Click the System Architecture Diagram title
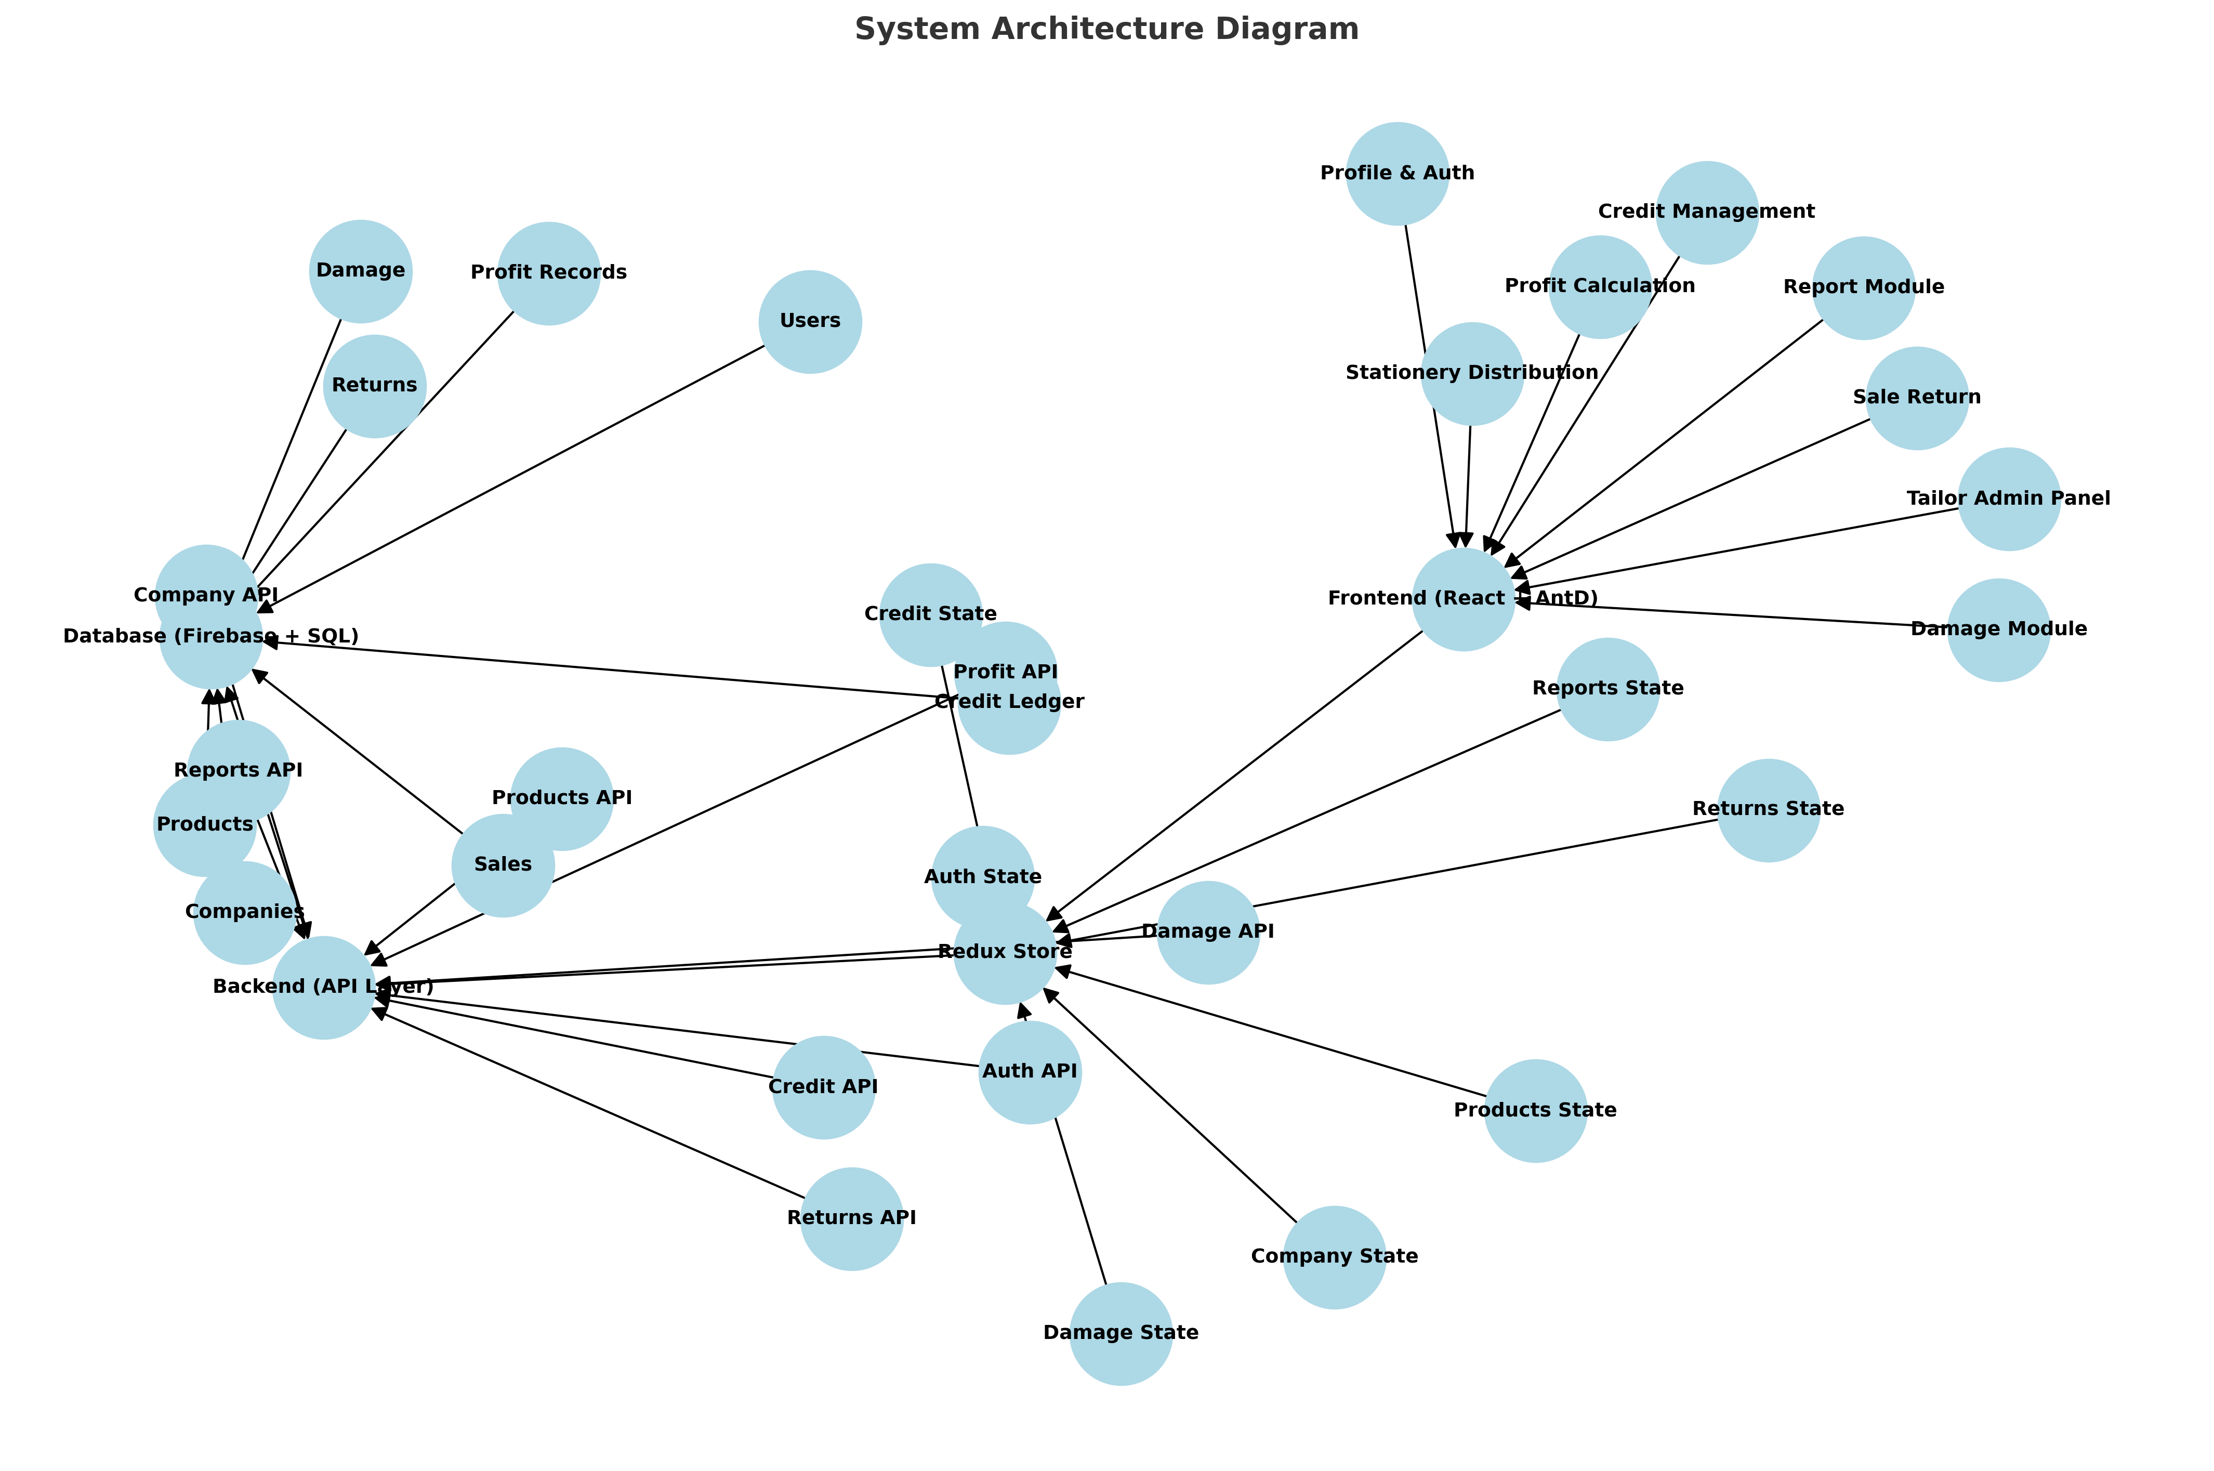pyautogui.click(x=1106, y=29)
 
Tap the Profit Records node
pyautogui.click(x=549, y=273)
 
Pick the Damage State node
pyautogui.click(x=1121, y=1333)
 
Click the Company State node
pyautogui.click(x=1335, y=1257)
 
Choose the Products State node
pyautogui.click(x=1535, y=1111)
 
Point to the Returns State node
pyautogui.click(x=1768, y=810)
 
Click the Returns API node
pyautogui.click(x=851, y=1218)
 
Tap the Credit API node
pyautogui.click(x=823, y=1087)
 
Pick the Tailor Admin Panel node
pyautogui.click(x=2009, y=499)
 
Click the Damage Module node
pyautogui.click(x=1998, y=629)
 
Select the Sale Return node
pyautogui.click(x=1917, y=398)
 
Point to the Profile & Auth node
pyautogui.click(x=1397, y=174)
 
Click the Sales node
pyautogui.click(x=503, y=865)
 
